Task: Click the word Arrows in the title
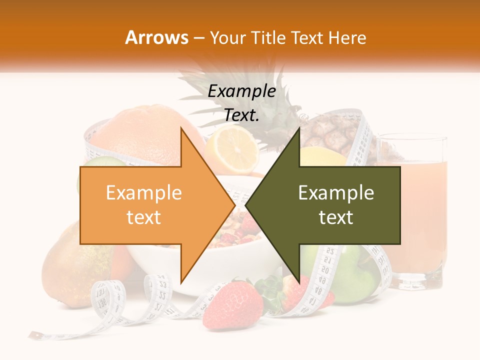[157, 37]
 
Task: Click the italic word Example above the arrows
[241, 91]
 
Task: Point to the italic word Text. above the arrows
[241, 115]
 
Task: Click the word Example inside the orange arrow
[143, 193]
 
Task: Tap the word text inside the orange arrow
[143, 217]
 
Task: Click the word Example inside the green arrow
[336, 193]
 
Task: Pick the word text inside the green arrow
[336, 217]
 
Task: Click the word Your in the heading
[227, 37]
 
